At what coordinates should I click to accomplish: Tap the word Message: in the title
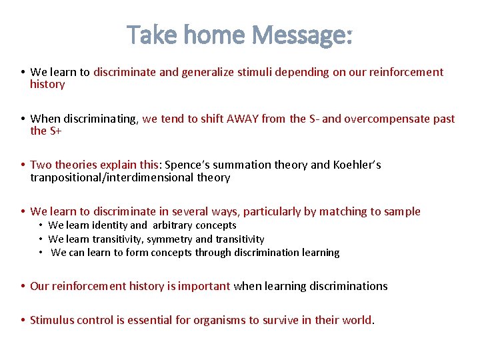[x=305, y=35]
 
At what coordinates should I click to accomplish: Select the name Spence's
[x=188, y=165]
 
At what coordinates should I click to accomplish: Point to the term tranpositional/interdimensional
[x=111, y=178]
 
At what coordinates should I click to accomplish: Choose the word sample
[x=402, y=212]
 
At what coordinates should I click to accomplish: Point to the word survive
[x=274, y=320]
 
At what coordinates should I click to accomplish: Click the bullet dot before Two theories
[x=23, y=165]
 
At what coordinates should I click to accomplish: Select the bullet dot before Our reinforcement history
[x=23, y=287]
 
